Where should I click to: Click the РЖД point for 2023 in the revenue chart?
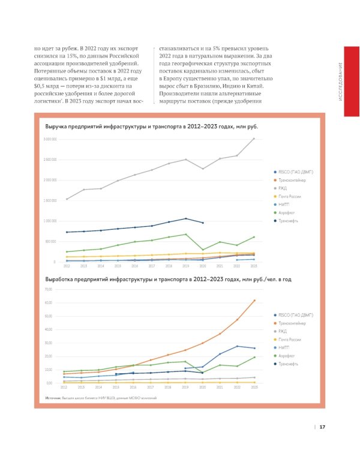[x=254, y=139]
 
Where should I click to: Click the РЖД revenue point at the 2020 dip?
[x=203, y=169]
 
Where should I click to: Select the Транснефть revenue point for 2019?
[x=186, y=218]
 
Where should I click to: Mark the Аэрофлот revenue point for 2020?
[x=203, y=250]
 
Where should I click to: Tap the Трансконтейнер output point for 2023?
[x=254, y=301]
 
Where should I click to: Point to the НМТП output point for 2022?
[x=237, y=346]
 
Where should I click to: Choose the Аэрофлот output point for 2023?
[x=254, y=357]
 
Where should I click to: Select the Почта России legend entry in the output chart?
[x=289, y=340]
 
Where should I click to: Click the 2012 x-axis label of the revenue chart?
[x=67, y=266]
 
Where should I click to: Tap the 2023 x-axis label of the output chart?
[x=254, y=388]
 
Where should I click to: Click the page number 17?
[x=322, y=427]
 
